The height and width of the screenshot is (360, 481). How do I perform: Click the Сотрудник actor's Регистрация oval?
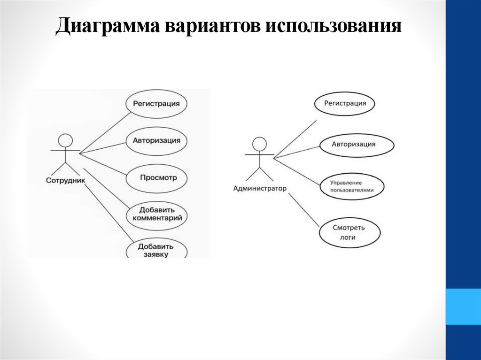(156, 103)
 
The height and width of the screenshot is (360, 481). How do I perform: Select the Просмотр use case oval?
(157, 178)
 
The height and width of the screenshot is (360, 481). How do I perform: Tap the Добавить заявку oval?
(156, 249)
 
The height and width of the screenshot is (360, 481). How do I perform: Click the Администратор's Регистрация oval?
(345, 103)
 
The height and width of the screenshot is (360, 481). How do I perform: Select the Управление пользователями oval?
(352, 186)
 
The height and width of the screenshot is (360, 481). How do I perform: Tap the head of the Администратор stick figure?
(259, 143)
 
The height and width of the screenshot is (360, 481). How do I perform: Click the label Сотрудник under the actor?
(66, 180)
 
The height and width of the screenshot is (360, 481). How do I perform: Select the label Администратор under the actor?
(259, 189)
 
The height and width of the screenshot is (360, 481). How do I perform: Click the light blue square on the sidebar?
(463, 306)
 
